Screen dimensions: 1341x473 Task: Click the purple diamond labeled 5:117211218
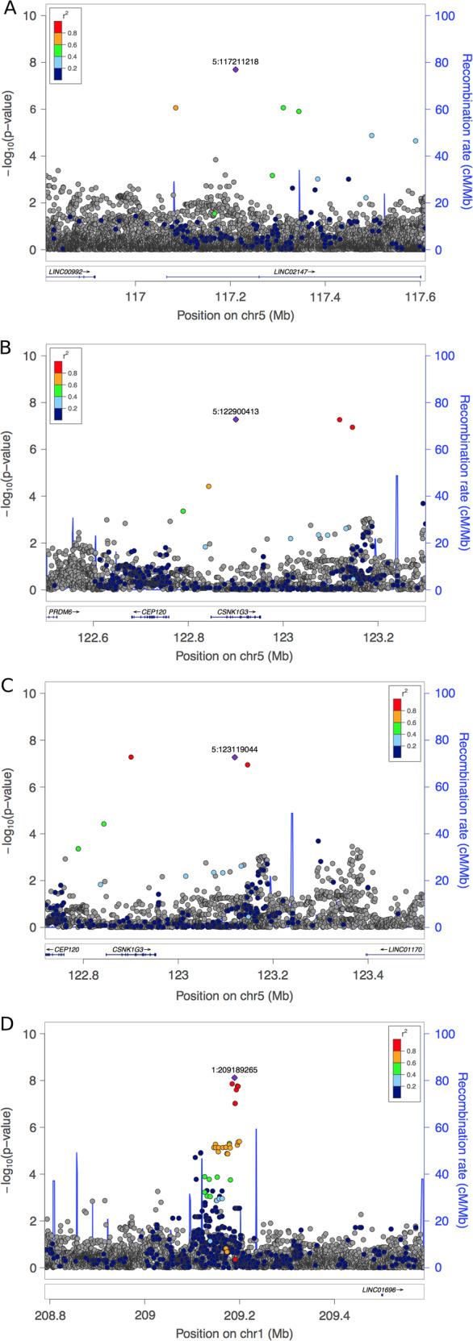pyautogui.click(x=236, y=70)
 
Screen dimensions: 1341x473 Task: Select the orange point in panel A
pyautogui.click(x=175, y=108)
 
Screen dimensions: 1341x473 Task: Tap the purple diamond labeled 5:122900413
pyautogui.click(x=236, y=420)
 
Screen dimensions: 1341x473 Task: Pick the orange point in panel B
pyautogui.click(x=208, y=486)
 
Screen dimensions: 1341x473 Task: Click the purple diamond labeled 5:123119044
pyautogui.click(x=235, y=757)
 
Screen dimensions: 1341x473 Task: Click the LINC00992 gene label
pyautogui.click(x=69, y=272)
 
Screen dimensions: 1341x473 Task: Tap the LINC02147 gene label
pyautogui.click(x=294, y=272)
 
